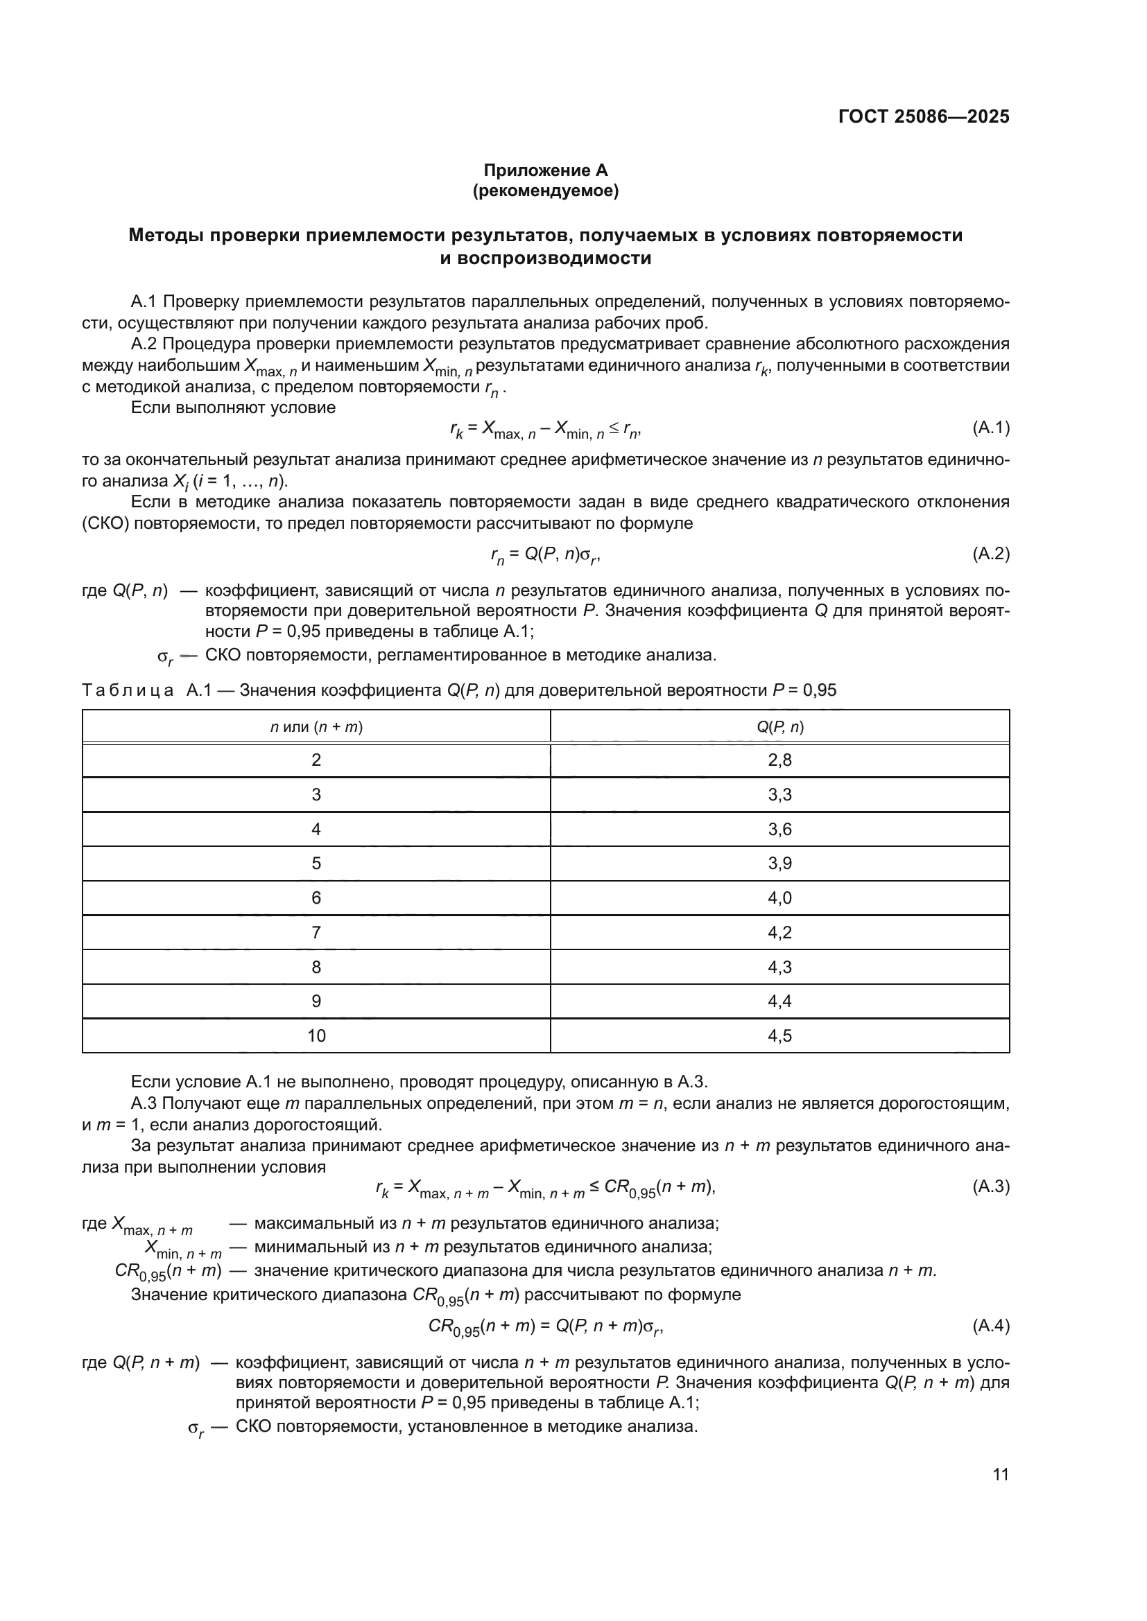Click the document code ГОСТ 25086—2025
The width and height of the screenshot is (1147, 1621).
(x=924, y=116)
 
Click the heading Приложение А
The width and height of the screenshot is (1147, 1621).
(x=545, y=170)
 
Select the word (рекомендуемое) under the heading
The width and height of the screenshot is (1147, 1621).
(x=545, y=191)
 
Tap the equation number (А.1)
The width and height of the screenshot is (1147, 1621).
(x=991, y=427)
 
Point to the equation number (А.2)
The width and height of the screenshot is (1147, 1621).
(x=991, y=554)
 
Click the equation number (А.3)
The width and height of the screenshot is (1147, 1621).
(x=991, y=1186)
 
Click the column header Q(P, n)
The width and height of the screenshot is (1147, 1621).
(x=779, y=726)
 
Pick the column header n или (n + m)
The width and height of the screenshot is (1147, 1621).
(x=316, y=726)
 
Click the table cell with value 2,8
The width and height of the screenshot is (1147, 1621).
(x=779, y=760)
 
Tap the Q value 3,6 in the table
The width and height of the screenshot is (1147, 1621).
(x=779, y=829)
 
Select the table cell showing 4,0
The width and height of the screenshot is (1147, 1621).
(x=779, y=898)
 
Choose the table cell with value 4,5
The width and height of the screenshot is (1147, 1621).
(x=779, y=1035)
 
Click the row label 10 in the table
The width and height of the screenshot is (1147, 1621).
(x=316, y=1035)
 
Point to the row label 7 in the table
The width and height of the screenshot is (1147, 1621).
(x=316, y=933)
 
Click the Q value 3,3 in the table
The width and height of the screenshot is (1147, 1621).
(x=779, y=795)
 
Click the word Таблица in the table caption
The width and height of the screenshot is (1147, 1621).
(x=128, y=690)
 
